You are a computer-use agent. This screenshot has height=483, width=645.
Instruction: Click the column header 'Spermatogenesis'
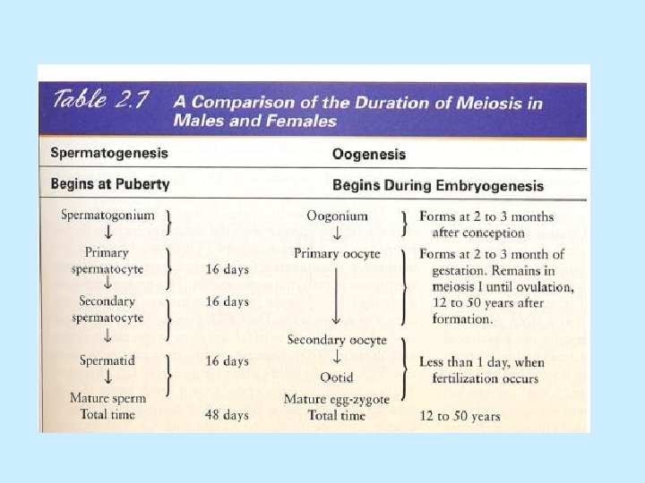pyautogui.click(x=108, y=153)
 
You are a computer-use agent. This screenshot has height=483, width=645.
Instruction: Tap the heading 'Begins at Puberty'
pyautogui.click(x=109, y=185)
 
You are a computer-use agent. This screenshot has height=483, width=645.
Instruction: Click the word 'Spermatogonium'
pyautogui.click(x=107, y=216)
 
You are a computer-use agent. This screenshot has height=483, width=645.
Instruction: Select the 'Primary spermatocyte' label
pyautogui.click(x=107, y=261)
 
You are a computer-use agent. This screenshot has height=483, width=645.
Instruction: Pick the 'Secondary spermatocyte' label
pyautogui.click(x=107, y=310)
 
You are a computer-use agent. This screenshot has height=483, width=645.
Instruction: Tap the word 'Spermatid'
pyautogui.click(x=108, y=360)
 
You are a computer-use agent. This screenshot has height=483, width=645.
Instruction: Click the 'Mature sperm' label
pyautogui.click(x=107, y=397)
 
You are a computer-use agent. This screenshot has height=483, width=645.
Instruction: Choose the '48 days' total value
pyautogui.click(x=228, y=415)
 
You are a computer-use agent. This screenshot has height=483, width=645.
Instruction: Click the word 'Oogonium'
pyautogui.click(x=337, y=216)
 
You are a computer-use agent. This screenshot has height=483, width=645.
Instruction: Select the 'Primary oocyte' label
pyautogui.click(x=337, y=253)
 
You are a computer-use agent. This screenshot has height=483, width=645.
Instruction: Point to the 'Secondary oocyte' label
pyautogui.click(x=337, y=340)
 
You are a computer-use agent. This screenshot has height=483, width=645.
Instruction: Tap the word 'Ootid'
pyautogui.click(x=337, y=378)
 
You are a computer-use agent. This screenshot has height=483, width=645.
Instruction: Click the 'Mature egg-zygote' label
pyautogui.click(x=337, y=398)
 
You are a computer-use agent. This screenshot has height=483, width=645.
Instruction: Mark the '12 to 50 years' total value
pyautogui.click(x=460, y=416)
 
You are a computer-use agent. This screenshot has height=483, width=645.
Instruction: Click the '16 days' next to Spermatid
pyautogui.click(x=228, y=361)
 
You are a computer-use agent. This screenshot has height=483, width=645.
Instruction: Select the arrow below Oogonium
pyautogui.click(x=337, y=234)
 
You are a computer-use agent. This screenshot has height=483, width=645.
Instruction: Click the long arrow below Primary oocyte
pyautogui.click(x=337, y=295)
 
